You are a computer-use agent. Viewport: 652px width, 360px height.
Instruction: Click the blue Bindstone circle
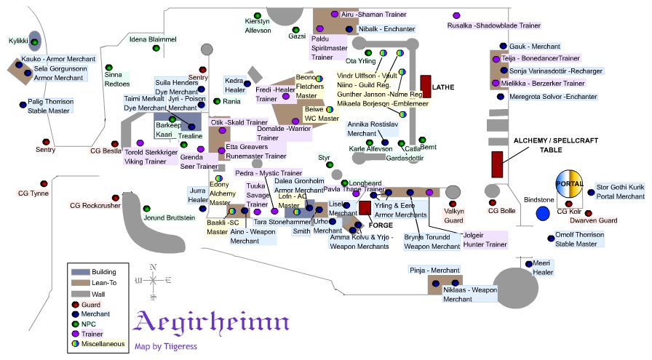(x=542, y=213)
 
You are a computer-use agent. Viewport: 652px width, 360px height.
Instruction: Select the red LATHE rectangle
(x=426, y=87)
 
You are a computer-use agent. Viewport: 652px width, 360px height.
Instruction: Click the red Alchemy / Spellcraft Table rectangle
(x=498, y=164)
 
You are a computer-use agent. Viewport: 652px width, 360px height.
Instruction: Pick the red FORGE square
(x=365, y=208)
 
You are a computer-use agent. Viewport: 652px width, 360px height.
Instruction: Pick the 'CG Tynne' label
(x=33, y=193)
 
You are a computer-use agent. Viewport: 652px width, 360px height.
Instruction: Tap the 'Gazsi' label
(x=297, y=36)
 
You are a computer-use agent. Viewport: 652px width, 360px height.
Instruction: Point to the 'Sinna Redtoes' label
(x=117, y=79)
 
